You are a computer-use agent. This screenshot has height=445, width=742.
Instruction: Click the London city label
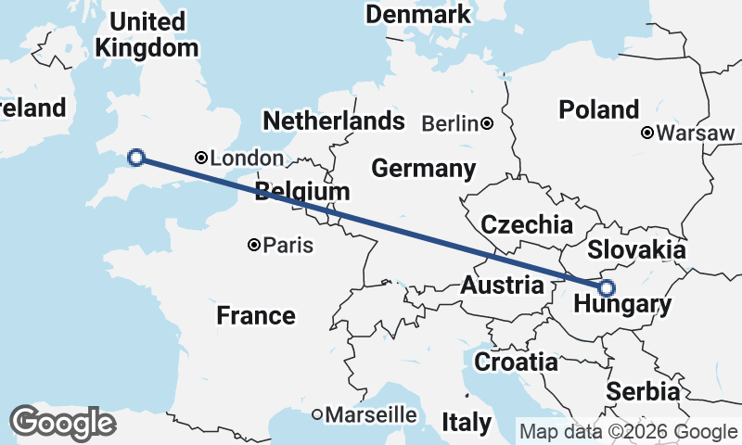tap(248, 159)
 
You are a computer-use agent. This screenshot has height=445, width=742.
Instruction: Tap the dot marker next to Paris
tap(254, 246)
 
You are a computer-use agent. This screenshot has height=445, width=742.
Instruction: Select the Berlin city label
tap(451, 123)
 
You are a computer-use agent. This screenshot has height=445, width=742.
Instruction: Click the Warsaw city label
tap(695, 133)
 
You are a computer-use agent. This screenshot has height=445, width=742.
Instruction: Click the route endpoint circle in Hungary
tap(607, 287)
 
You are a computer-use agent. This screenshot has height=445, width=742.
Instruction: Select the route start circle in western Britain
tap(136, 157)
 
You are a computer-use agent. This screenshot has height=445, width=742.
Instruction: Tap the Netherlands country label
tap(334, 121)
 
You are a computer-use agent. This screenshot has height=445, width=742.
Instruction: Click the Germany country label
tap(423, 169)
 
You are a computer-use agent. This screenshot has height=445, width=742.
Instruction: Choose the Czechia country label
tap(527, 224)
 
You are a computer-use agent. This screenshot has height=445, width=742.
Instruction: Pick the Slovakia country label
tap(636, 249)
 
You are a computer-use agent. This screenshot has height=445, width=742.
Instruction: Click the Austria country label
tap(502, 285)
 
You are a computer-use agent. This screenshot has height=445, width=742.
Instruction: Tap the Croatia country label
tap(516, 362)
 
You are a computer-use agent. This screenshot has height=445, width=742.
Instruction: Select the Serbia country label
tap(643, 392)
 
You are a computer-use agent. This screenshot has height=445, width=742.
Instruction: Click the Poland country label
tap(599, 109)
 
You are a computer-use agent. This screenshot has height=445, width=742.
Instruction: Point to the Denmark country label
tap(418, 15)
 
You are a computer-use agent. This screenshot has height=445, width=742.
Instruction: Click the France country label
tap(256, 315)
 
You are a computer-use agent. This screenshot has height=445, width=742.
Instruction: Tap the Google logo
tap(62, 423)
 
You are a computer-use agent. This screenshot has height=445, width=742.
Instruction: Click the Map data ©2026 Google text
tap(628, 431)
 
